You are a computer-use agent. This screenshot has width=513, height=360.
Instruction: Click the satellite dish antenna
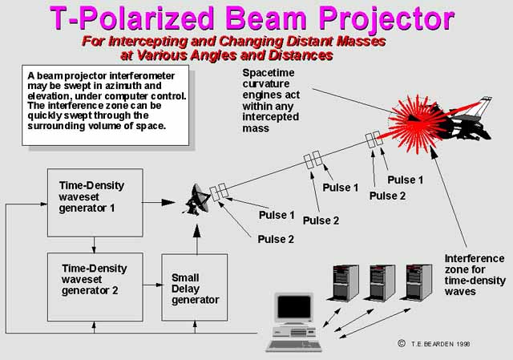pos(196,200)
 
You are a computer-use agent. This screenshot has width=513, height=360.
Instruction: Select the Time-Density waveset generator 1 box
pos(95,203)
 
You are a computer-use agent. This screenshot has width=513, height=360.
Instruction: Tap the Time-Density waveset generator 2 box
pos(95,287)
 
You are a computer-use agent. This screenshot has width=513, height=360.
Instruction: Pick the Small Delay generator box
pos(195,287)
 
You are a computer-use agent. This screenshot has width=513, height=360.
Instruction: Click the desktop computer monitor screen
pos(294,306)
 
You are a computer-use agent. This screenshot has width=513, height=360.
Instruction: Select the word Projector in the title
pos(386,18)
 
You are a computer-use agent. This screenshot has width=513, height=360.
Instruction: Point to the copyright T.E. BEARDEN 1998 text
pos(434,344)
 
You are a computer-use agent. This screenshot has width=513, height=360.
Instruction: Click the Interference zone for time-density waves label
pos(475,275)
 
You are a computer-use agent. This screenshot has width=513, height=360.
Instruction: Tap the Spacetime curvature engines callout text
pos(271,100)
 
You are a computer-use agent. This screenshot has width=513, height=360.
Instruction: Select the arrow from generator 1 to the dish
pos(159,203)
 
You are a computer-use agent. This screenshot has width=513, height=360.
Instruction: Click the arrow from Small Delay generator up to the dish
pos(196,239)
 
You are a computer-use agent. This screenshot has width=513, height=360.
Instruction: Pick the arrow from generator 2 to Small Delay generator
pos(153,285)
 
